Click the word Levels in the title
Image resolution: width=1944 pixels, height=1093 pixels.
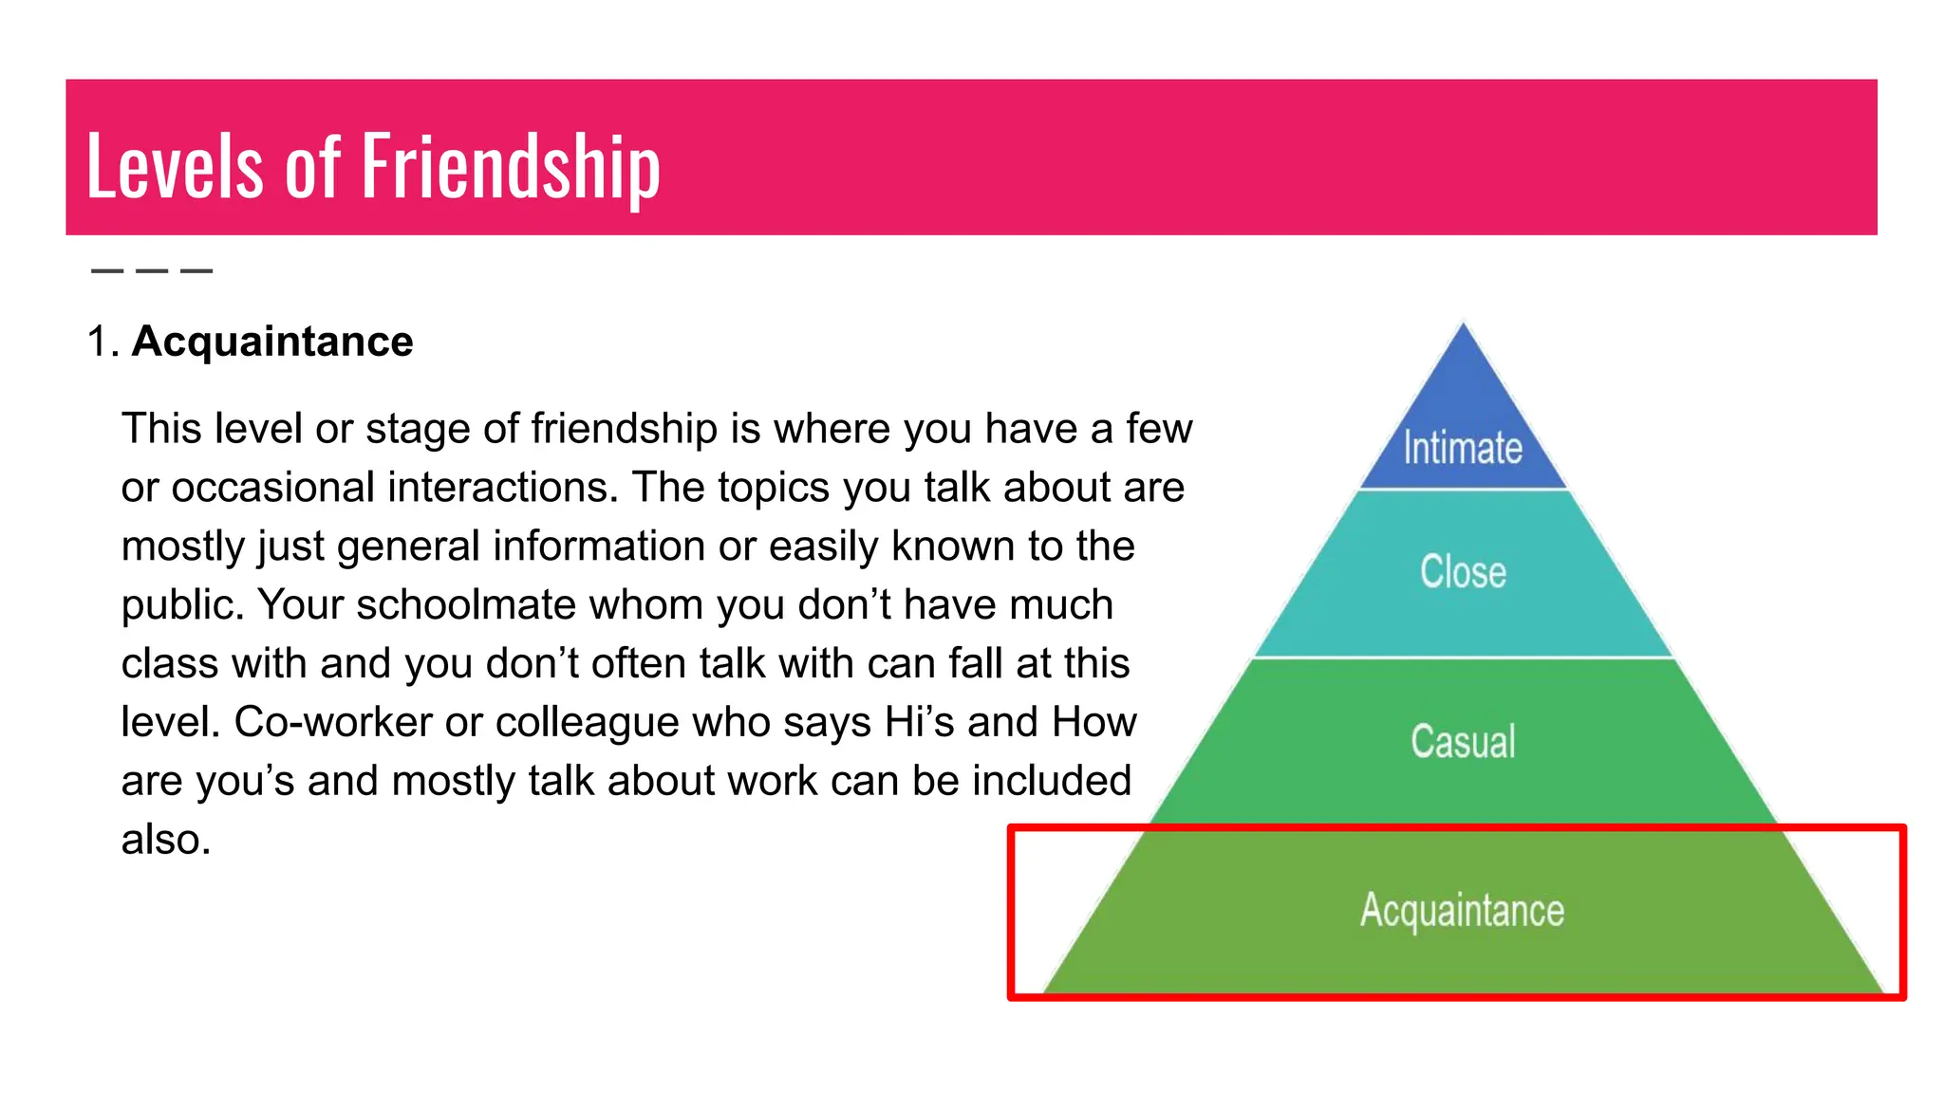pyautogui.click(x=175, y=167)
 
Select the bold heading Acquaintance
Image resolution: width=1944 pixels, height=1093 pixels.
pyautogui.click(x=272, y=342)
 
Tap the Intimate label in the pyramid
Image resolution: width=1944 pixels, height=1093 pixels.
pyautogui.click(x=1463, y=448)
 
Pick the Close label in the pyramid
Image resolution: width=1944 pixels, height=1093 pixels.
pyautogui.click(x=1463, y=572)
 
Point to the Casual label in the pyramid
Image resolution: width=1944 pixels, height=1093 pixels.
pyautogui.click(x=1463, y=741)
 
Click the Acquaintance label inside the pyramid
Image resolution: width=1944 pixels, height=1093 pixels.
pyautogui.click(x=1462, y=910)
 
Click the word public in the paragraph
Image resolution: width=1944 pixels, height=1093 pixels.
pyautogui.click(x=180, y=605)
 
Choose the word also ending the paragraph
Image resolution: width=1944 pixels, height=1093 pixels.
pyautogui.click(x=165, y=840)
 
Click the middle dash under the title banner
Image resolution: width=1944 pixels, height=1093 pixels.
pyautogui.click(x=152, y=271)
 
